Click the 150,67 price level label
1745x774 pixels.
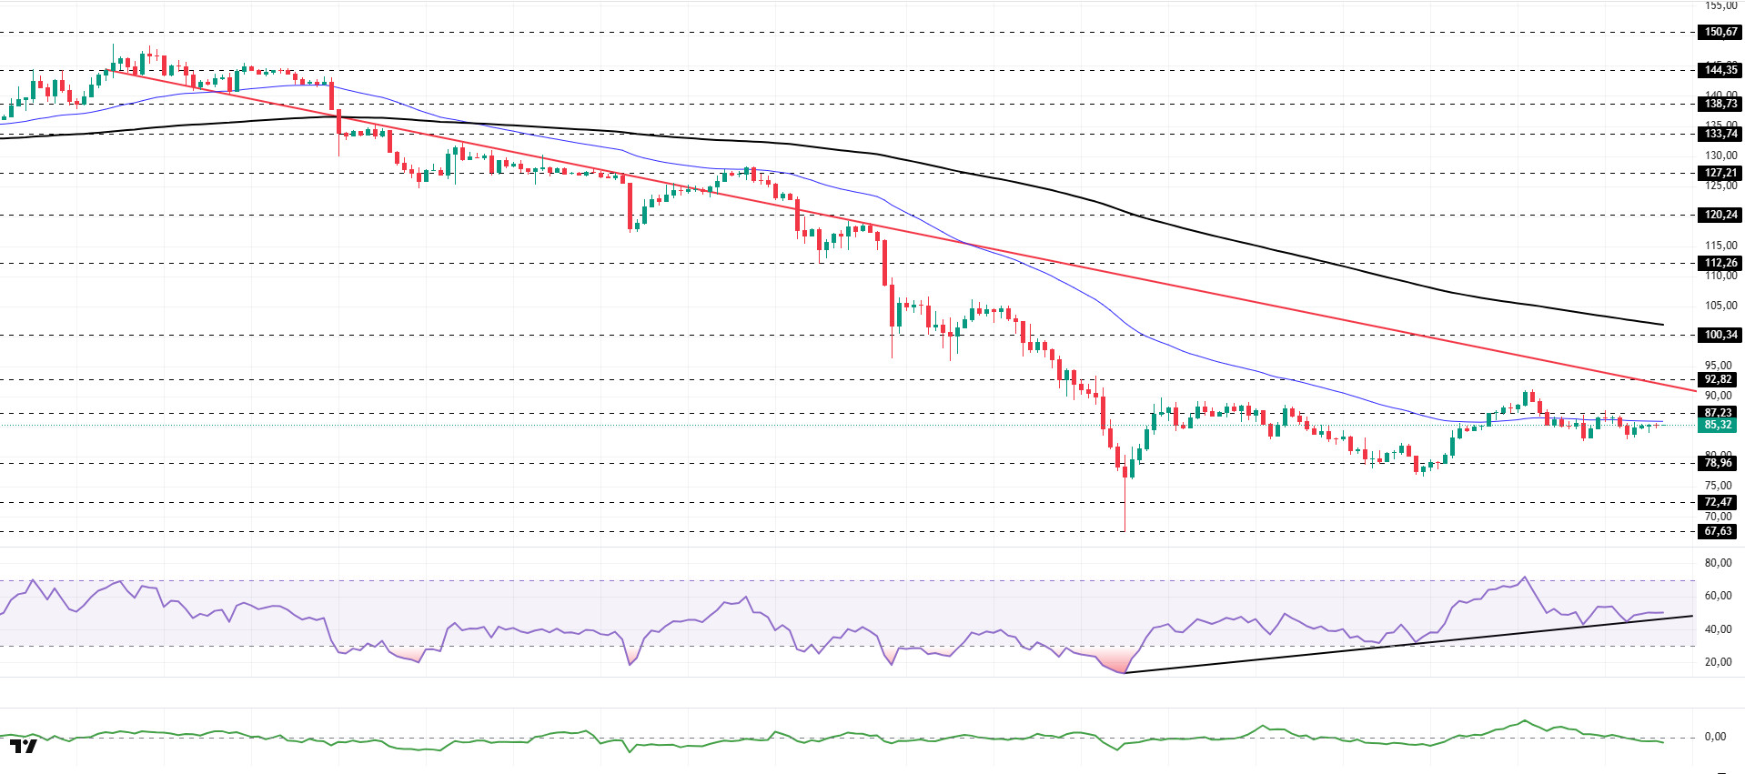click(1720, 32)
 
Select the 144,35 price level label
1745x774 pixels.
click(1720, 70)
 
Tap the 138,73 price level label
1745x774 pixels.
click(1720, 104)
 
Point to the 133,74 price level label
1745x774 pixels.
click(1720, 134)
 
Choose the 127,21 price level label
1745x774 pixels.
click(1720, 173)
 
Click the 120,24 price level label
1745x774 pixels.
click(1720, 215)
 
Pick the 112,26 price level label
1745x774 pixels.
click(1720, 263)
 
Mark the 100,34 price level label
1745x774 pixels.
click(1720, 335)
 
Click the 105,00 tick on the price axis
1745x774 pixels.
click(1720, 306)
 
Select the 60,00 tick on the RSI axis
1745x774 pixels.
click(1718, 596)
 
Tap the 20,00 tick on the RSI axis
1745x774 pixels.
click(1718, 662)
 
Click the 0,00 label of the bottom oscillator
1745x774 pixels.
click(1714, 737)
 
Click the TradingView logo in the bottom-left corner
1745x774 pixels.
click(25, 747)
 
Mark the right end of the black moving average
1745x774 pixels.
click(1663, 324)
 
